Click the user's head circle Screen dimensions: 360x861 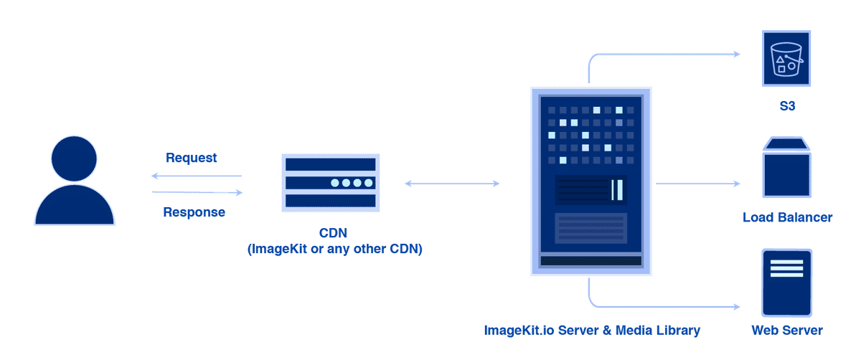(x=75, y=159)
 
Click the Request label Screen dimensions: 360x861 (x=192, y=158)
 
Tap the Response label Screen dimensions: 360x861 (x=194, y=212)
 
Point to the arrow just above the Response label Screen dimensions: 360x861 (x=198, y=192)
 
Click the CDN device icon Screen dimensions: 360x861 (x=330, y=183)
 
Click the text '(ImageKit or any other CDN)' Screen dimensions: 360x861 (x=334, y=250)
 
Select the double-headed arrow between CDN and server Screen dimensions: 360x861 (x=453, y=184)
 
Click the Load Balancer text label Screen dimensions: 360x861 (x=787, y=217)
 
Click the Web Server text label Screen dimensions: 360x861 (x=787, y=331)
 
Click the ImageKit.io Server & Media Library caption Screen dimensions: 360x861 (x=592, y=331)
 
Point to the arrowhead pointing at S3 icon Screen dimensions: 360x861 (x=737, y=54)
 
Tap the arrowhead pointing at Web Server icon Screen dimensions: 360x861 (x=737, y=307)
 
